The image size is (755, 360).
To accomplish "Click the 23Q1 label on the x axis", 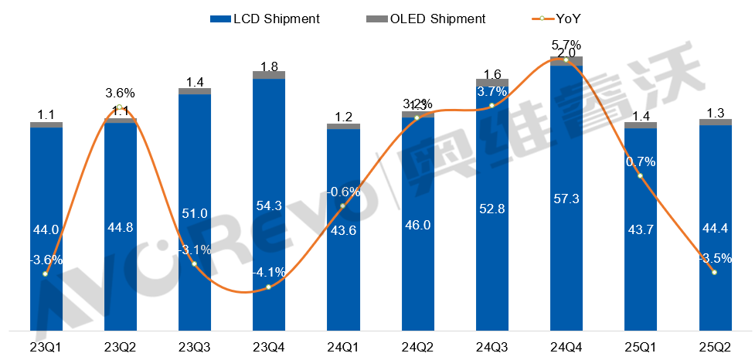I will point(46,345).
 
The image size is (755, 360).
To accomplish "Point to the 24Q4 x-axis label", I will point(566,345).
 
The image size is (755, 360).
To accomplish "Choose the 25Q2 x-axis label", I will point(715,345).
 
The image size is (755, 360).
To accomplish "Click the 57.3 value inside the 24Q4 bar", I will point(566,199).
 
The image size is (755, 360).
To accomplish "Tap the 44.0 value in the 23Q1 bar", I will point(46,229).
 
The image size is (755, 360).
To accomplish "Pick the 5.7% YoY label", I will point(566,45).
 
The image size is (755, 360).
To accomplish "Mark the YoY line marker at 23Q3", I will point(194,264).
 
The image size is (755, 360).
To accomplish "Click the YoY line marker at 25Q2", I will point(715,272).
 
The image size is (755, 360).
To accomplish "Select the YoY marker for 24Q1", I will point(342,205).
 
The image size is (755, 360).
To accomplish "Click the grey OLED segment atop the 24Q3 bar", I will point(491,82).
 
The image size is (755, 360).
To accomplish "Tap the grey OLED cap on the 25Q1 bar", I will point(641,124).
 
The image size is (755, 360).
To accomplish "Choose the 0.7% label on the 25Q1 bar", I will point(641,162).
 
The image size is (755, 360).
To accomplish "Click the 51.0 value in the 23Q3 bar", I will point(194,213).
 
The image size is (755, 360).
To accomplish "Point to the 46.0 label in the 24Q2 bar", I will point(417,225).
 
